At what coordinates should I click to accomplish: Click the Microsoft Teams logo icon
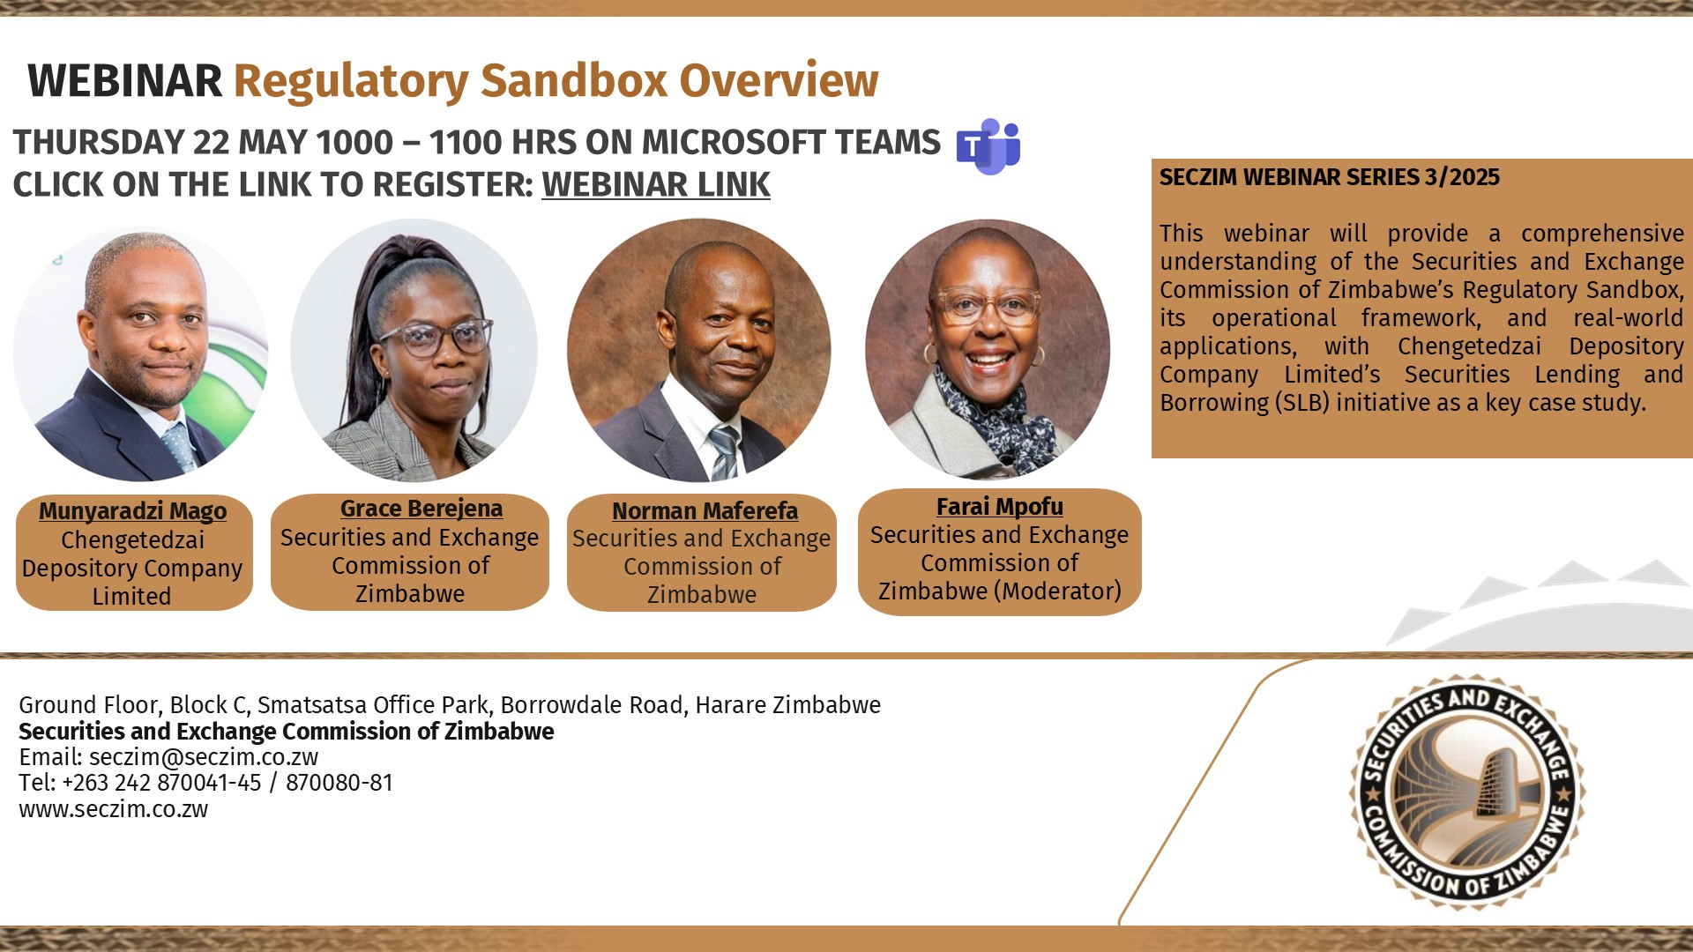(x=988, y=146)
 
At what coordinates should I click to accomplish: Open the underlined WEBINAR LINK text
(x=656, y=185)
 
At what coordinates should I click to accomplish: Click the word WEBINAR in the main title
(x=125, y=81)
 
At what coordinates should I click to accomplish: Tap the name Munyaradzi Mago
(x=132, y=511)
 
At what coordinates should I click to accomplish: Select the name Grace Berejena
(x=421, y=509)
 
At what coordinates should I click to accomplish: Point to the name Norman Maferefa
(x=705, y=511)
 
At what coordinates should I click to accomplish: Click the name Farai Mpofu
(x=999, y=507)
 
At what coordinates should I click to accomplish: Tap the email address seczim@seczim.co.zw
(x=204, y=757)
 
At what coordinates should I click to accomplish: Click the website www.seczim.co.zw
(x=114, y=809)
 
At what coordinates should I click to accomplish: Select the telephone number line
(x=206, y=783)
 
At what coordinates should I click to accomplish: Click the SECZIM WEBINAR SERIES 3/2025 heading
(x=1329, y=177)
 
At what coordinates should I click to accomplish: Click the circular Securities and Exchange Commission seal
(x=1466, y=792)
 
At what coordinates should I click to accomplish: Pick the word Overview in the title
(x=779, y=81)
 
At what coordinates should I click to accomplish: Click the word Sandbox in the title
(x=574, y=81)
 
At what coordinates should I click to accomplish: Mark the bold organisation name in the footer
(x=287, y=732)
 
